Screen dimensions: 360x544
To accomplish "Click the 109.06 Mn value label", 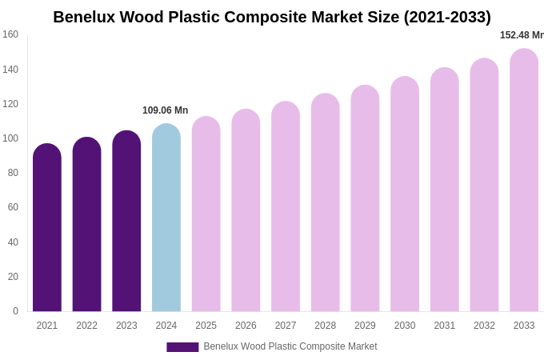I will (165, 110).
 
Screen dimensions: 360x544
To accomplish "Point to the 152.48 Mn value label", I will (522, 35).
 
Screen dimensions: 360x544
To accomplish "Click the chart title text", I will (272, 17).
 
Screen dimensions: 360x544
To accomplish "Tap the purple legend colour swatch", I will (182, 347).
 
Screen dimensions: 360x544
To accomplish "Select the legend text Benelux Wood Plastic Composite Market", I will (290, 346).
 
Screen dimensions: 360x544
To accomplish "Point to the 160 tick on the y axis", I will (10, 34).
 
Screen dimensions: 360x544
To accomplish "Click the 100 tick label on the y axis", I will (10, 138).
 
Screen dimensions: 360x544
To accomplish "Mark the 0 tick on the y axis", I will (15, 311).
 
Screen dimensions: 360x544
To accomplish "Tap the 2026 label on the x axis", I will (246, 326).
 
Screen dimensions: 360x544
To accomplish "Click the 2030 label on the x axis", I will (405, 326).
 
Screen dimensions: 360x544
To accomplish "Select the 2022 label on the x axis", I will (87, 326).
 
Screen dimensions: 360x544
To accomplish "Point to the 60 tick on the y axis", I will (13, 207).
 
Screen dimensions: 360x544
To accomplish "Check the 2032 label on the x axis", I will (484, 326).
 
